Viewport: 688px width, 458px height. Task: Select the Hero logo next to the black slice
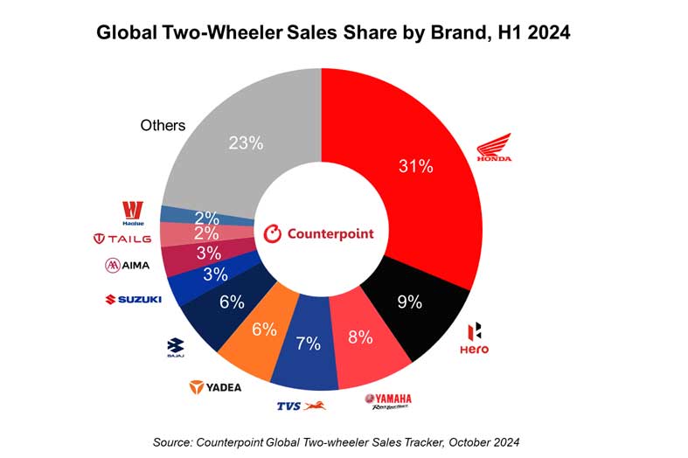474,338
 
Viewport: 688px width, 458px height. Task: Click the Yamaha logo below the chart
387,401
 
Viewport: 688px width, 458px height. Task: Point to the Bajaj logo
175,347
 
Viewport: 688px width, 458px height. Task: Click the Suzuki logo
133,299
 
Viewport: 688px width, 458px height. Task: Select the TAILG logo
122,238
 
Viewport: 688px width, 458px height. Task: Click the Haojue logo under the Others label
132,212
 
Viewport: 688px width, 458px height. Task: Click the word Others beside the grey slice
163,125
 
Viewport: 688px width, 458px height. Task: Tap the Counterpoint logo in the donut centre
318,233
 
